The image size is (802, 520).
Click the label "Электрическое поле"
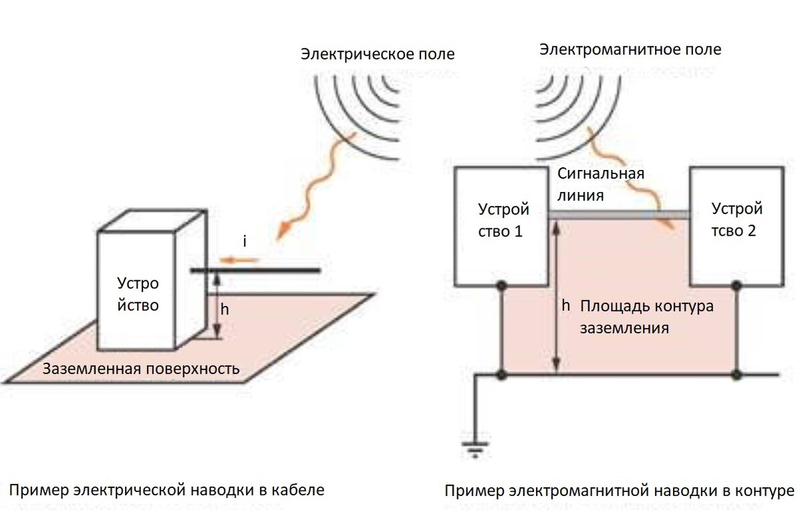[x=378, y=54]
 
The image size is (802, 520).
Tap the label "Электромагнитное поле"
[x=630, y=50]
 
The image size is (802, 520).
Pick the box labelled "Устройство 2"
[x=737, y=226]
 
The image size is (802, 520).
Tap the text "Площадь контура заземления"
[x=646, y=317]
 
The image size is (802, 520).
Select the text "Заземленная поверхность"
[x=141, y=369]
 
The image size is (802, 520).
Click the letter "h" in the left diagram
[x=225, y=309]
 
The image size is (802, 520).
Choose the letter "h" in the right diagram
[x=565, y=306]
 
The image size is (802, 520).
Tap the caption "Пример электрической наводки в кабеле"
[x=167, y=490]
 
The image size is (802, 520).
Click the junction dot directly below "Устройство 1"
[x=501, y=286]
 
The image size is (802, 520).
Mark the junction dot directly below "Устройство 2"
[x=737, y=286]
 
